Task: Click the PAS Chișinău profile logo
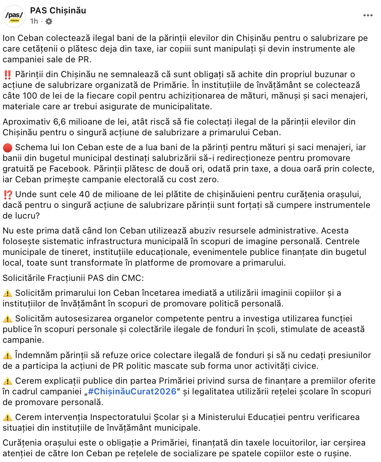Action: pos(14,16)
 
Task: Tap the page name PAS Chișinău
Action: pos(58,11)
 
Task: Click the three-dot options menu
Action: pos(368,16)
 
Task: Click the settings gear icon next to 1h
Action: pos(49,21)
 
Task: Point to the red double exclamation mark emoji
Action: pos(7,74)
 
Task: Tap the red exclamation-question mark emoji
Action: pos(7,195)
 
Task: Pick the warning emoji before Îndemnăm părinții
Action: pos(7,355)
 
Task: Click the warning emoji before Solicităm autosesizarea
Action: pos(7,318)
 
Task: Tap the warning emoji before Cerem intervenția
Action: pos(7,417)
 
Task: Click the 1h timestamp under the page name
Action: pos(34,21)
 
